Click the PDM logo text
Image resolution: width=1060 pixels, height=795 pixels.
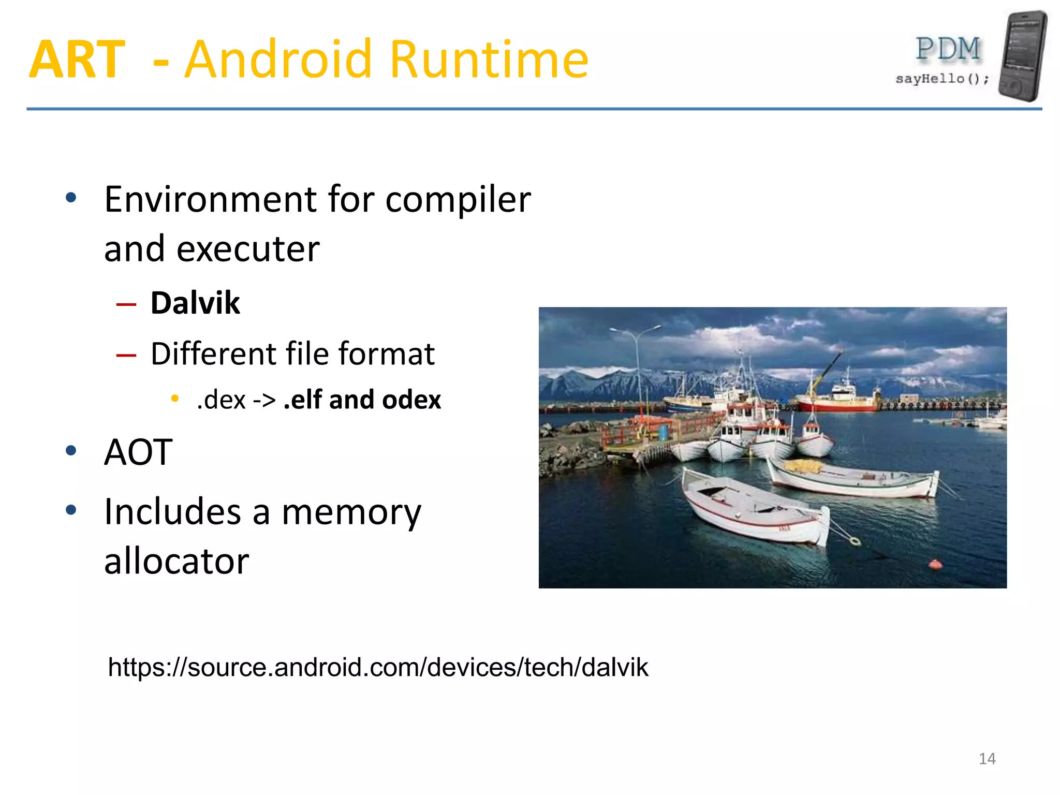coord(948,50)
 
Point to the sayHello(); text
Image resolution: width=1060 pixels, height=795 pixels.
coord(942,79)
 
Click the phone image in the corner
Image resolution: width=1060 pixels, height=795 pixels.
coord(1022,56)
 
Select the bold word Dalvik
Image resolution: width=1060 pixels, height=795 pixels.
coord(195,303)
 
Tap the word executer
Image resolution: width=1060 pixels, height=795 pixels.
coord(248,249)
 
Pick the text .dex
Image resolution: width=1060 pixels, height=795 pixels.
coord(221,400)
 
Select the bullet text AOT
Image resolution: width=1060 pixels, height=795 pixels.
coord(138,452)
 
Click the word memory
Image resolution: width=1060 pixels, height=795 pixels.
coord(351,512)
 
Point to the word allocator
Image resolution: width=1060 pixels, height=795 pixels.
coord(176,562)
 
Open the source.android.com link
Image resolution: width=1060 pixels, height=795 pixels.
coord(378,667)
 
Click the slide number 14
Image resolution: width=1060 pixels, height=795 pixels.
coord(987,759)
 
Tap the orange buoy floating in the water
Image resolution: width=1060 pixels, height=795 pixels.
coord(935,564)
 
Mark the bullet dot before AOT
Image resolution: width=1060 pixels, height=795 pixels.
coord(71,451)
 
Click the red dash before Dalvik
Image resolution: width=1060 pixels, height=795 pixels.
coord(126,304)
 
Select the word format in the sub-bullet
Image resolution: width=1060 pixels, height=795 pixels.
coord(386,354)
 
